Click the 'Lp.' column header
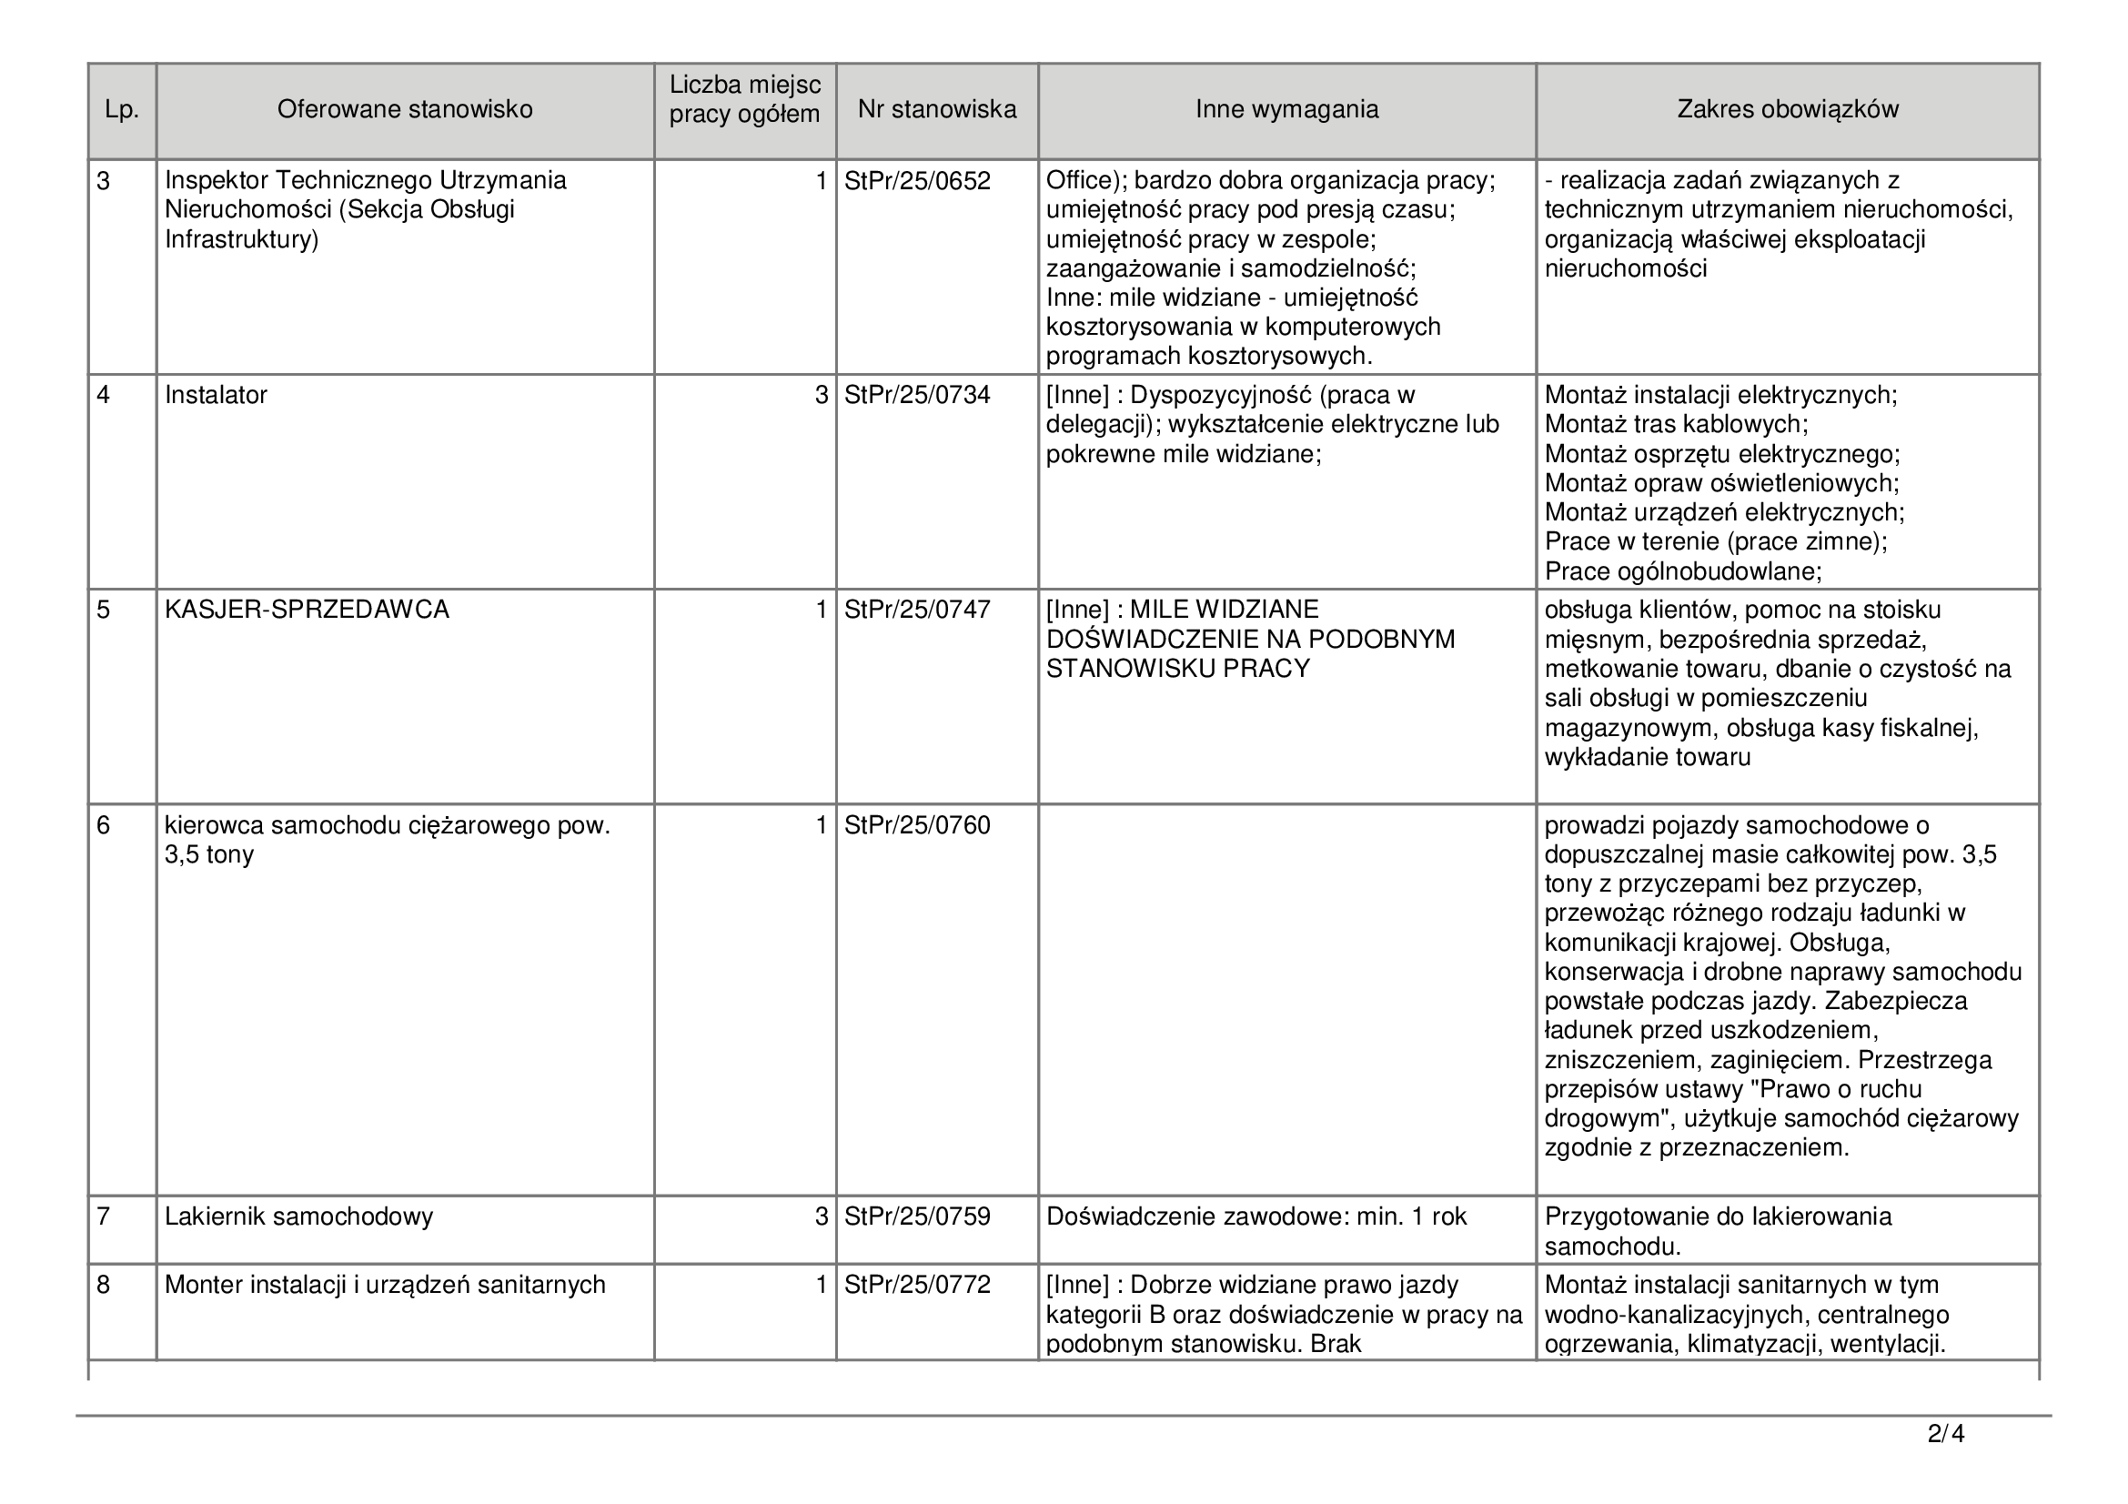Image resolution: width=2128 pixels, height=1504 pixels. [121, 110]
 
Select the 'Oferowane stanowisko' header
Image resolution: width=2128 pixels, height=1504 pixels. [405, 110]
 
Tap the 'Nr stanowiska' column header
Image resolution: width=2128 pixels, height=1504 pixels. [936, 110]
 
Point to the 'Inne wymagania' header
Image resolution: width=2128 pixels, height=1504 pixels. [1286, 110]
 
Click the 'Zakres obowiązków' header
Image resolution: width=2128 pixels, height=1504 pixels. [1787, 110]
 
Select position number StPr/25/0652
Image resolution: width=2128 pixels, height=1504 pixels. [917, 181]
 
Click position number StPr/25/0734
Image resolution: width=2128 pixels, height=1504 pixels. [917, 396]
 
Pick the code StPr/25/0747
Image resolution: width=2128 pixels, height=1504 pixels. [917, 610]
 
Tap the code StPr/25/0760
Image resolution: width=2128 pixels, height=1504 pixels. [917, 825]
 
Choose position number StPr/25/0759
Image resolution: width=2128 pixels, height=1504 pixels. [917, 1216]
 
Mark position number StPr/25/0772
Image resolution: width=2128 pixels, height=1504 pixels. [917, 1286]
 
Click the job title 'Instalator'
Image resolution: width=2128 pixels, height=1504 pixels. [216, 396]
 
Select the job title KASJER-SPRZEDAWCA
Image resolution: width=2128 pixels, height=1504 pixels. [307, 610]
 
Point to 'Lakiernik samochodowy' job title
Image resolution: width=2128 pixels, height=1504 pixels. [298, 1216]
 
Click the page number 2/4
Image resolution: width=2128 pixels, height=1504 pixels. [1945, 1435]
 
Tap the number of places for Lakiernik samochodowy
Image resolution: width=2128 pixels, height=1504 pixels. [821, 1216]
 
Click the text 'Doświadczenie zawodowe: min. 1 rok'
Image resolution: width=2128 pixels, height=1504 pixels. [1256, 1216]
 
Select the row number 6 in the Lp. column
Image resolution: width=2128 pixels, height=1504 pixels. [103, 825]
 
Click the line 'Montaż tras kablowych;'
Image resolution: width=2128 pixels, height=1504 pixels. [1676, 425]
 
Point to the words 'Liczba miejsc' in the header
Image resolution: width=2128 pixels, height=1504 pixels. [745, 86]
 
